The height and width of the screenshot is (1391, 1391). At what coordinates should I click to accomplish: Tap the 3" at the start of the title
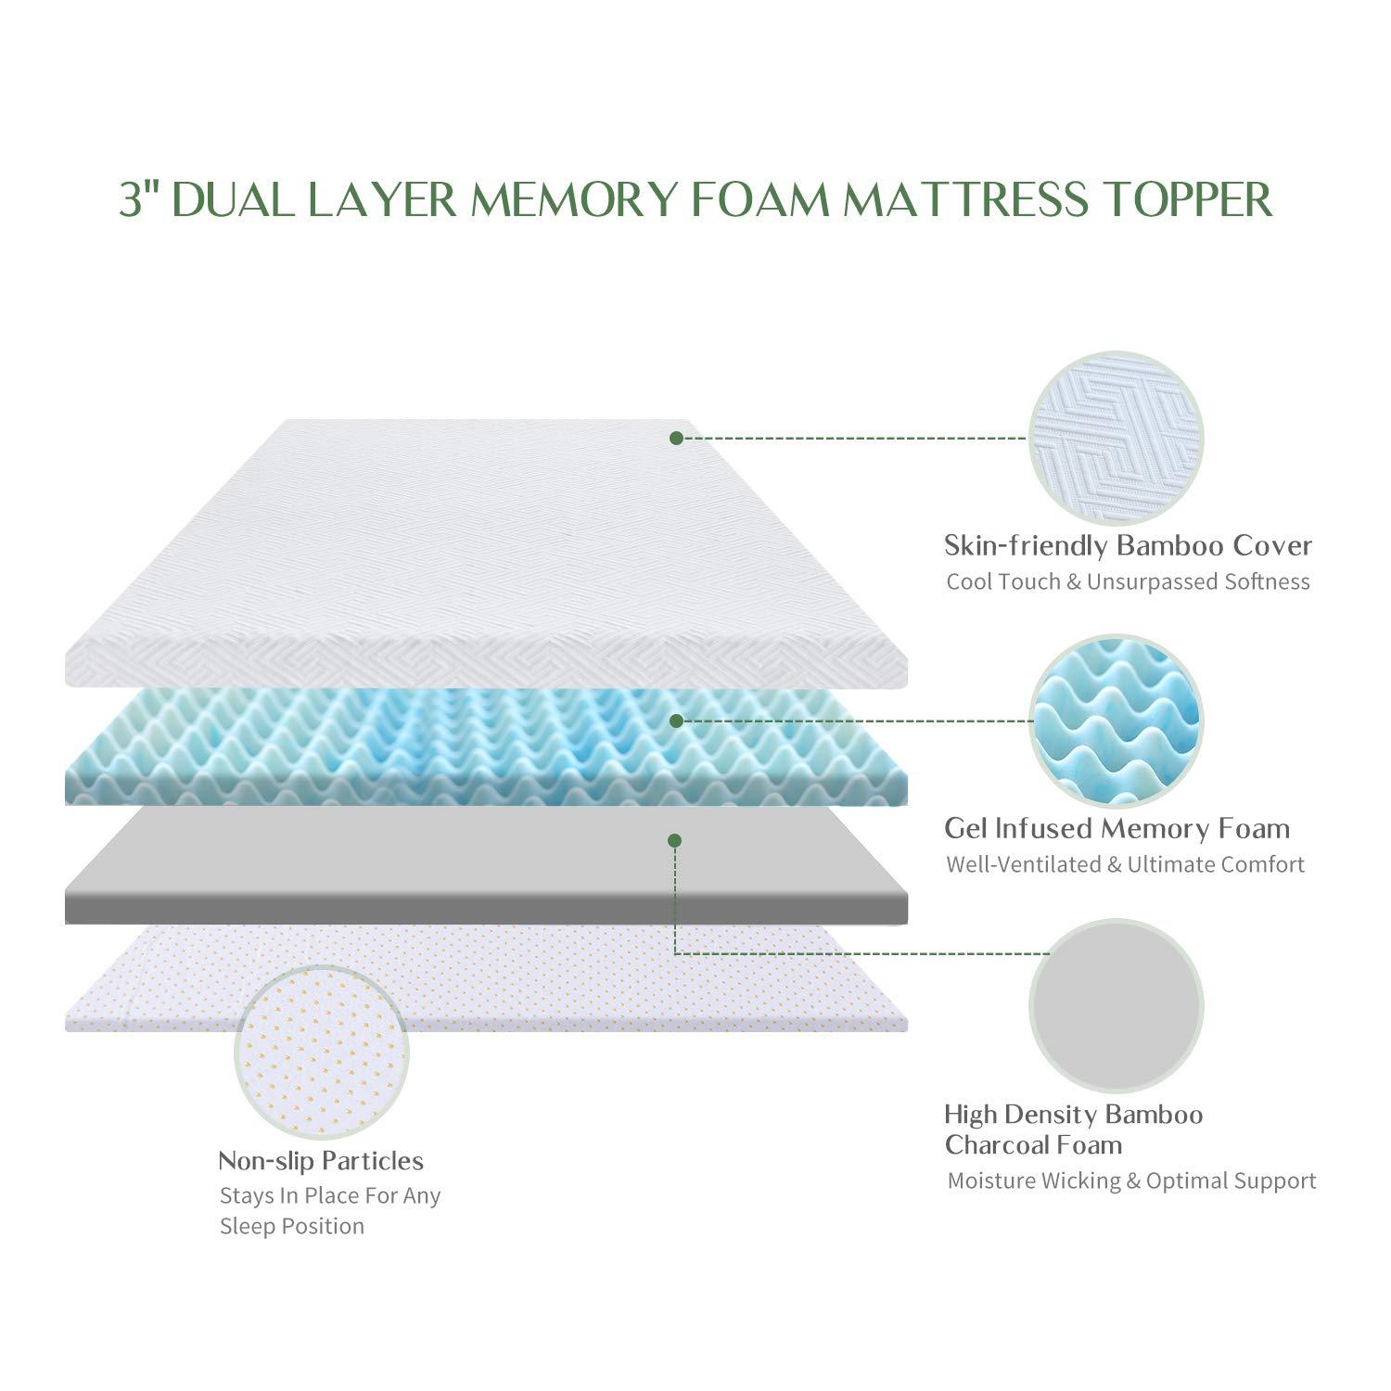140,199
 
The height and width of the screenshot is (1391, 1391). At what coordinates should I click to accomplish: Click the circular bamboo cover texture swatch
1117,439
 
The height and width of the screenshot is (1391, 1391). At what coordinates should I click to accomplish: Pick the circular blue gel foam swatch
1117,721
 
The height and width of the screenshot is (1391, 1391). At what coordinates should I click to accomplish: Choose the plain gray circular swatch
1117,1006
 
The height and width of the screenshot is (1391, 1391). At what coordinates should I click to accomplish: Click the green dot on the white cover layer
676,438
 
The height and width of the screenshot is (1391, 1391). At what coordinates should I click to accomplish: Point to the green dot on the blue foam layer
676,721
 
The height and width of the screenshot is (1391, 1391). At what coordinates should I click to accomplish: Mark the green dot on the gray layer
675,840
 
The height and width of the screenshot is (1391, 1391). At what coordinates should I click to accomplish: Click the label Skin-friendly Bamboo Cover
1128,545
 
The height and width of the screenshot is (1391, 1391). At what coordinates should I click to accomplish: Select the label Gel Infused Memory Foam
1117,828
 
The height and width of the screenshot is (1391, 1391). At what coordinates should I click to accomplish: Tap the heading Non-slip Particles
321,1161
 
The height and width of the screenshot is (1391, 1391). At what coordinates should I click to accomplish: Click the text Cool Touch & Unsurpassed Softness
1128,582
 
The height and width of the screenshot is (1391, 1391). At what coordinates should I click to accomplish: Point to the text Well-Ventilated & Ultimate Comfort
1125,865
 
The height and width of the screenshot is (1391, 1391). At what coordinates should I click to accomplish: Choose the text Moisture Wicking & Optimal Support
1131,1181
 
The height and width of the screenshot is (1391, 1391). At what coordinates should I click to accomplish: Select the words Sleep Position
292,1227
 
